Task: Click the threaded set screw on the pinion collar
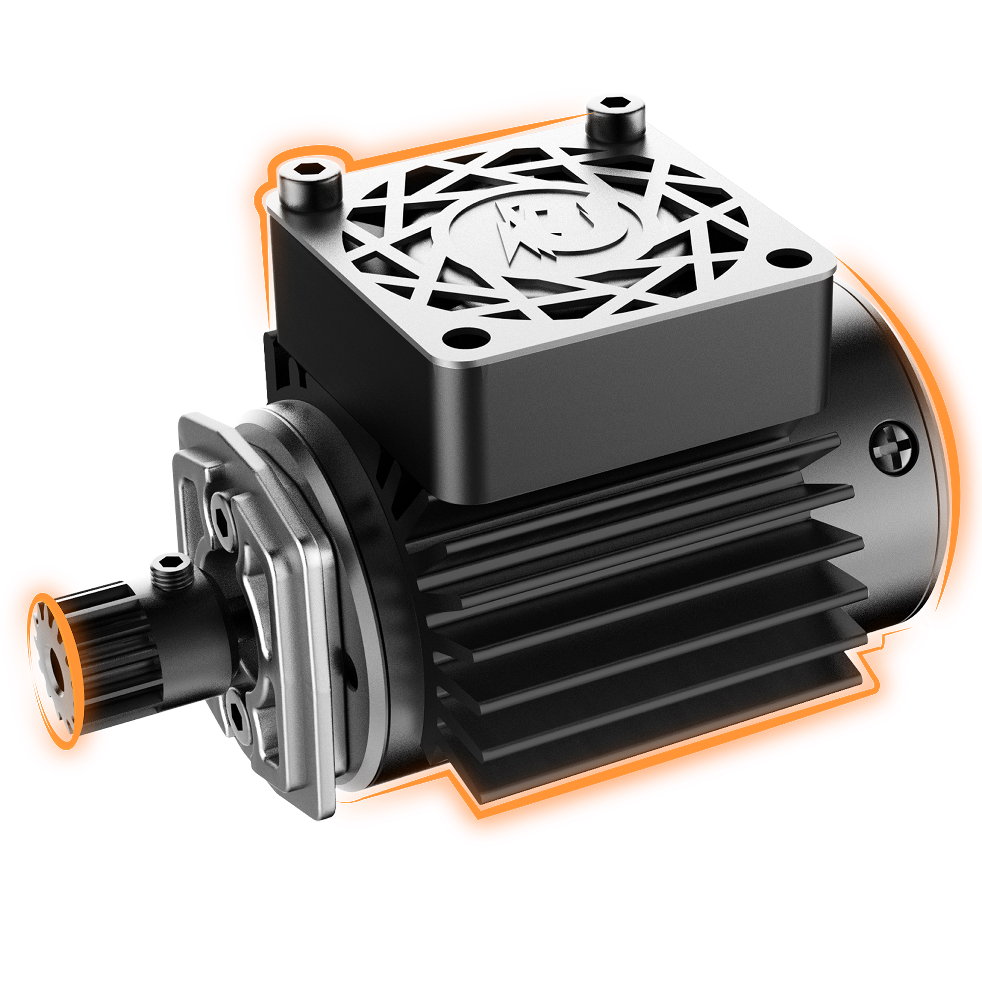tap(171, 573)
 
